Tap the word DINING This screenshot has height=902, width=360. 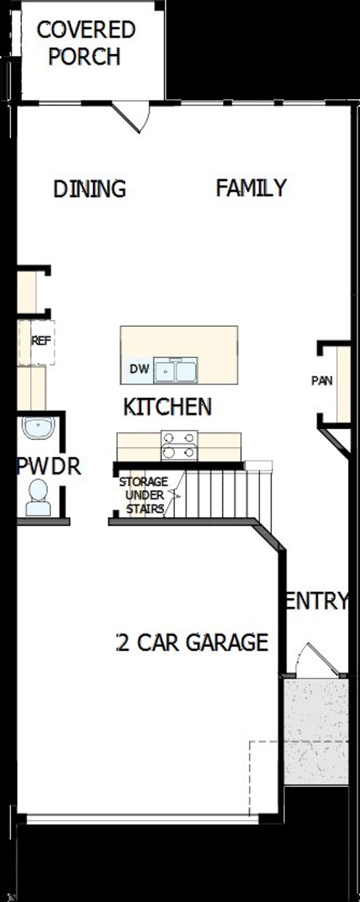coord(89,189)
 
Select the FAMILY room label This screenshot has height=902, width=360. coord(251,188)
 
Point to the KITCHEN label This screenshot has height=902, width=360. coord(167,407)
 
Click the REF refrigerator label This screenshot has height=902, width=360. coord(41,341)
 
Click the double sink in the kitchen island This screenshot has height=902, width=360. coord(176,370)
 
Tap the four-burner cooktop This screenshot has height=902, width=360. coord(179,445)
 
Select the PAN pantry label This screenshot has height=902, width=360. coord(322,381)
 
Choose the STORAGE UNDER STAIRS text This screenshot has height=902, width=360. coord(144,495)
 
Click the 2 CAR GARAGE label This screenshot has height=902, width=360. coord(193,642)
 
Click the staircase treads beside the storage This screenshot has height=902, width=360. coord(224,494)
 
